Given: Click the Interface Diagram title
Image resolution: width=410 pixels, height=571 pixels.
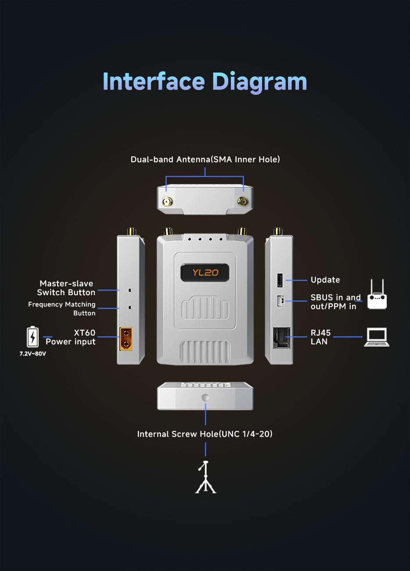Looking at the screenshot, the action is [x=205, y=82].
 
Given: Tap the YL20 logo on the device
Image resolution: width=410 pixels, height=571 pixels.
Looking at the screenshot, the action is [x=205, y=273].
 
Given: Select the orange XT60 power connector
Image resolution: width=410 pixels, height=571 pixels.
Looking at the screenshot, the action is [x=126, y=339].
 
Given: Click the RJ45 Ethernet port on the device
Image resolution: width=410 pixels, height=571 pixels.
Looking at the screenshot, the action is [x=281, y=338].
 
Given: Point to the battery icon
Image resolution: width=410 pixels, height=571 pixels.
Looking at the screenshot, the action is [x=32, y=336].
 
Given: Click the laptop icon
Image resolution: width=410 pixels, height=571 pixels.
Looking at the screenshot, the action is [x=377, y=337].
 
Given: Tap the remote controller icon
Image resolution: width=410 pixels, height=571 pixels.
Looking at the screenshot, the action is [x=377, y=294].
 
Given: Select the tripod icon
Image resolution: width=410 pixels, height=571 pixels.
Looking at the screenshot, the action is [x=205, y=477].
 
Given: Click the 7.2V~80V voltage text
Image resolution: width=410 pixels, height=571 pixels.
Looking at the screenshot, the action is [x=33, y=354].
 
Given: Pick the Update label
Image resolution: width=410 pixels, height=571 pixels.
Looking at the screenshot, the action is [x=325, y=280].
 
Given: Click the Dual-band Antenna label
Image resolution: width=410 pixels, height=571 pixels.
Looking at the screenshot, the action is [x=205, y=159].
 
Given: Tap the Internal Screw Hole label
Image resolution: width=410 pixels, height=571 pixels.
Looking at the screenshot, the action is [x=205, y=434].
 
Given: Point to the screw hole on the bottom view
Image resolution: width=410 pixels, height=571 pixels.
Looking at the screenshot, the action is [x=205, y=397].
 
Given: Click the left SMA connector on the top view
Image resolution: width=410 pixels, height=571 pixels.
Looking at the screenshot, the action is [x=167, y=202].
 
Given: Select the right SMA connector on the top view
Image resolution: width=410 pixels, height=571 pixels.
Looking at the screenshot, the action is [x=243, y=202].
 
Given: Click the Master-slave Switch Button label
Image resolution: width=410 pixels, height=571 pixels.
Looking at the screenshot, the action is [x=66, y=288].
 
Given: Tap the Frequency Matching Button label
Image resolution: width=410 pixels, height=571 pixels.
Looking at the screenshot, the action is [x=62, y=309].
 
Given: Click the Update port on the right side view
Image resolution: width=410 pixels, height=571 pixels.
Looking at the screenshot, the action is [x=280, y=280].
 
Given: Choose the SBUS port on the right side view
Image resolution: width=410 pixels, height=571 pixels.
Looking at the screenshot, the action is [x=281, y=301].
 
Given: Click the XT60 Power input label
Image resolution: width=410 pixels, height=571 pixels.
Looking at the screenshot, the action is [x=71, y=337].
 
